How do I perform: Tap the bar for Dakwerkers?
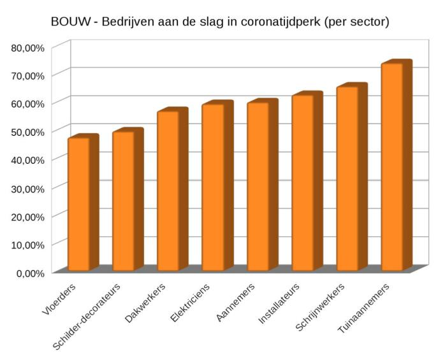pos(168,191)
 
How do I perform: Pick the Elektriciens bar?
pos(213,187)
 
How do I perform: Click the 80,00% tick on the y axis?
pos(26,47)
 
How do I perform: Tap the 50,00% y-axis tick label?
pos(26,131)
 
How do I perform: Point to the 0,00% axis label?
pos(29,273)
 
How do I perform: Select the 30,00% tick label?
pos(26,188)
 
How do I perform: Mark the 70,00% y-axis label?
pos(26,75)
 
